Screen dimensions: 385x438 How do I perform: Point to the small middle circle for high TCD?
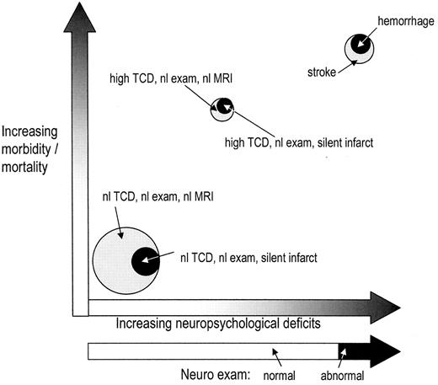222,106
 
